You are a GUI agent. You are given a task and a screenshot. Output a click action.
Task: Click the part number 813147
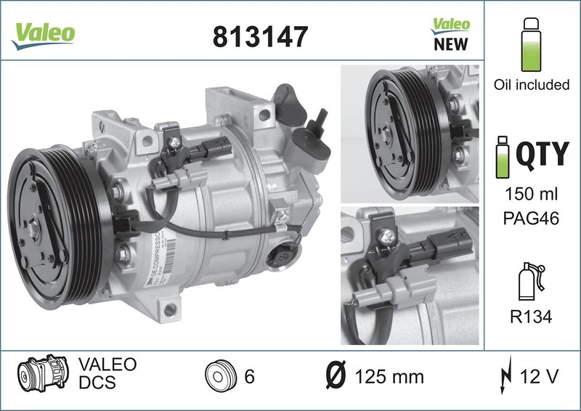tap(260, 36)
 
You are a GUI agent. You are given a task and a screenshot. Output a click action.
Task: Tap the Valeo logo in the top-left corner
tap(41, 33)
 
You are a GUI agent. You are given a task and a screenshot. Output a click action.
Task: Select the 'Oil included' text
tap(532, 85)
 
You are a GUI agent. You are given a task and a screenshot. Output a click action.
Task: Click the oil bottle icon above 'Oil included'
tap(532, 39)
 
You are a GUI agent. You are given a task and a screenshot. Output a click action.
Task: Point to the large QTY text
tap(542, 154)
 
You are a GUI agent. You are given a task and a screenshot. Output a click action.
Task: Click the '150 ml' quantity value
tap(532, 195)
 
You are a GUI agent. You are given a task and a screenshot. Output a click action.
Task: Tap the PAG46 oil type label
tap(532, 219)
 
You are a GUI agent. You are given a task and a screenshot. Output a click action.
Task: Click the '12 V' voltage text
tap(539, 377)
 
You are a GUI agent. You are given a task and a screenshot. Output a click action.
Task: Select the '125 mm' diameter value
tap(389, 377)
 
